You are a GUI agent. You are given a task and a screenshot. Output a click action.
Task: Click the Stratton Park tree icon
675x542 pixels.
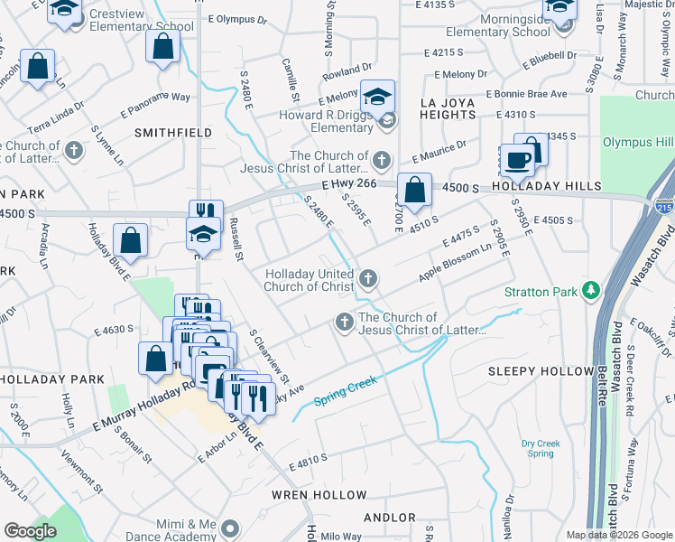591,290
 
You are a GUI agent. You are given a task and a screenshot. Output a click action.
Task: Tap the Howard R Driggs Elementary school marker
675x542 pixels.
378,97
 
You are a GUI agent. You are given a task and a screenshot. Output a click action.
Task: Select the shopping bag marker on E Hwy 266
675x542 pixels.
414,191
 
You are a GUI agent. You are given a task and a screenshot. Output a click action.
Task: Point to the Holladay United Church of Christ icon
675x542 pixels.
367,277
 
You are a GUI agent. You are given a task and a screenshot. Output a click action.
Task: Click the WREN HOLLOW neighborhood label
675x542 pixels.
320,495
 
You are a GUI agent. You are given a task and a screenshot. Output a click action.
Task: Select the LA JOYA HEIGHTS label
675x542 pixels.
455,103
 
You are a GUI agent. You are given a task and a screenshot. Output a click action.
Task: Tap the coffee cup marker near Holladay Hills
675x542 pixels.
517,161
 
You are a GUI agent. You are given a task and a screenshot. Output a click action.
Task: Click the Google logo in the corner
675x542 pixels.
30,531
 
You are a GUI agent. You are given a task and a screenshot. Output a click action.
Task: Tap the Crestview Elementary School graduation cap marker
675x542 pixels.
65,9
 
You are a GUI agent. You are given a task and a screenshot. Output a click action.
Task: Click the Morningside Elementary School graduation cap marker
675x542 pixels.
559,7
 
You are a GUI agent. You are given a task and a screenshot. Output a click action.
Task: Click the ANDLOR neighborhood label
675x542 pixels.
388,518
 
